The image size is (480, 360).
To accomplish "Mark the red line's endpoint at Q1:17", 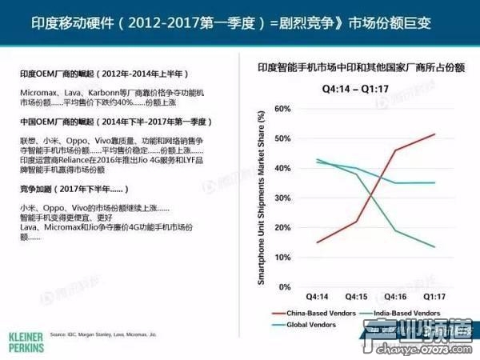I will [434, 134].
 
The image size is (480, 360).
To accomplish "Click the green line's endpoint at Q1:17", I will [434, 247].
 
